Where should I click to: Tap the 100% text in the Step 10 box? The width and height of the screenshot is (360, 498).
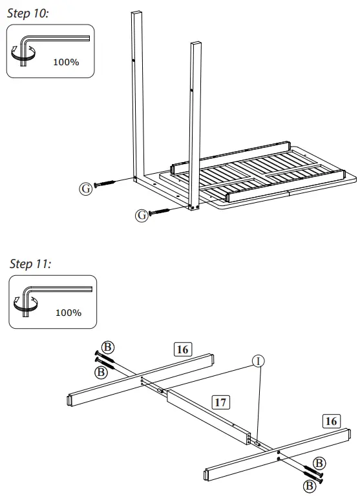[x=65, y=62]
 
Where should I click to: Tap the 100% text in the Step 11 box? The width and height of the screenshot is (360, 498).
[x=68, y=313]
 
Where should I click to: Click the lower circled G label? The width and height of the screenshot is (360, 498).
[x=141, y=215]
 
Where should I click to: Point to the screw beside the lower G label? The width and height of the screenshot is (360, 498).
[x=167, y=210]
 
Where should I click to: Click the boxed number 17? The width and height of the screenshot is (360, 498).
[x=221, y=402]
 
